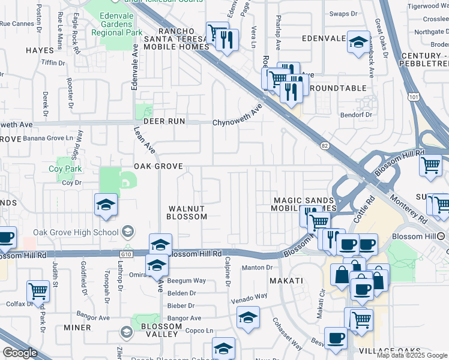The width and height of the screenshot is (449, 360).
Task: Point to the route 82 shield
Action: (x=324, y=145)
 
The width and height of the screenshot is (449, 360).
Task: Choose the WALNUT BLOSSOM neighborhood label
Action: (x=186, y=212)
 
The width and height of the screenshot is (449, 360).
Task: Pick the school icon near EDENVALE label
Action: (x=358, y=42)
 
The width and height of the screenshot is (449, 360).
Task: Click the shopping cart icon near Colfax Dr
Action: (x=38, y=291)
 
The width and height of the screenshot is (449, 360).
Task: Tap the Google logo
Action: (x=20, y=353)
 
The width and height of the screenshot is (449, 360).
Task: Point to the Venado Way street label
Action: (x=249, y=296)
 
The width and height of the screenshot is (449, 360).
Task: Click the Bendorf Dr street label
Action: (x=357, y=115)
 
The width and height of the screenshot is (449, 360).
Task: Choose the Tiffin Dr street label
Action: (x=53, y=62)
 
